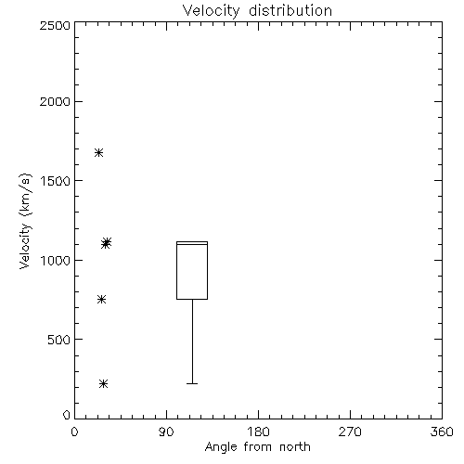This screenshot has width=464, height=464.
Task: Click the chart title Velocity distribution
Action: [257, 11]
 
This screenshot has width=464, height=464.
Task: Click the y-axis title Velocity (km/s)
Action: [25, 221]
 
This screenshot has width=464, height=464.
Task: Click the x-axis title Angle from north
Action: [257, 447]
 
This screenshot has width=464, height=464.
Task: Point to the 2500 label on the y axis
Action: [55, 25]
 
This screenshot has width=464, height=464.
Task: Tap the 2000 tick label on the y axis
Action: [55, 102]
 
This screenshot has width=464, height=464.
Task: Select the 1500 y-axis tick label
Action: [56, 181]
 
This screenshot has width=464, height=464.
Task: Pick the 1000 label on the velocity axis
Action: [56, 261]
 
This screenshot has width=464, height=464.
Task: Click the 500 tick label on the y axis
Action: [59, 340]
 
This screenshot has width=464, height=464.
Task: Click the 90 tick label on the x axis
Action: [166, 432]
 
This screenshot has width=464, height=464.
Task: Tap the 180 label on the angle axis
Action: [258, 432]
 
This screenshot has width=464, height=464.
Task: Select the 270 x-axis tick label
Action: [350, 432]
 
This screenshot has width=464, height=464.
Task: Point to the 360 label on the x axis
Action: [442, 432]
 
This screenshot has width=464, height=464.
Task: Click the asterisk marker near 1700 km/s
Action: [98, 152]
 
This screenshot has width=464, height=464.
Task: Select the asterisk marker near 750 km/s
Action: [101, 299]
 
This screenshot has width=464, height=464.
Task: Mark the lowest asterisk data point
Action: [103, 384]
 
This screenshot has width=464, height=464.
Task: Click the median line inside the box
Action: [192, 244]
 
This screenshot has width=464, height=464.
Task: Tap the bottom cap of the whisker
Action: [192, 383]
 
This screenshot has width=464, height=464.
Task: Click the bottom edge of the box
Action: [192, 299]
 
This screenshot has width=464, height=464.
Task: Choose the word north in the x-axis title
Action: [295, 447]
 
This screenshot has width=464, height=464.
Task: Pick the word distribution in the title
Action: [290, 11]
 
